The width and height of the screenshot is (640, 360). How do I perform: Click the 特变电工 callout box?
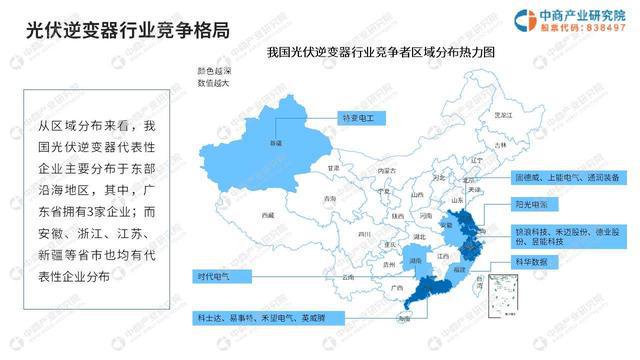pyautogui.click(x=357, y=118)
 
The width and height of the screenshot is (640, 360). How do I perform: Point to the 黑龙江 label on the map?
pyautogui.click(x=489, y=115)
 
